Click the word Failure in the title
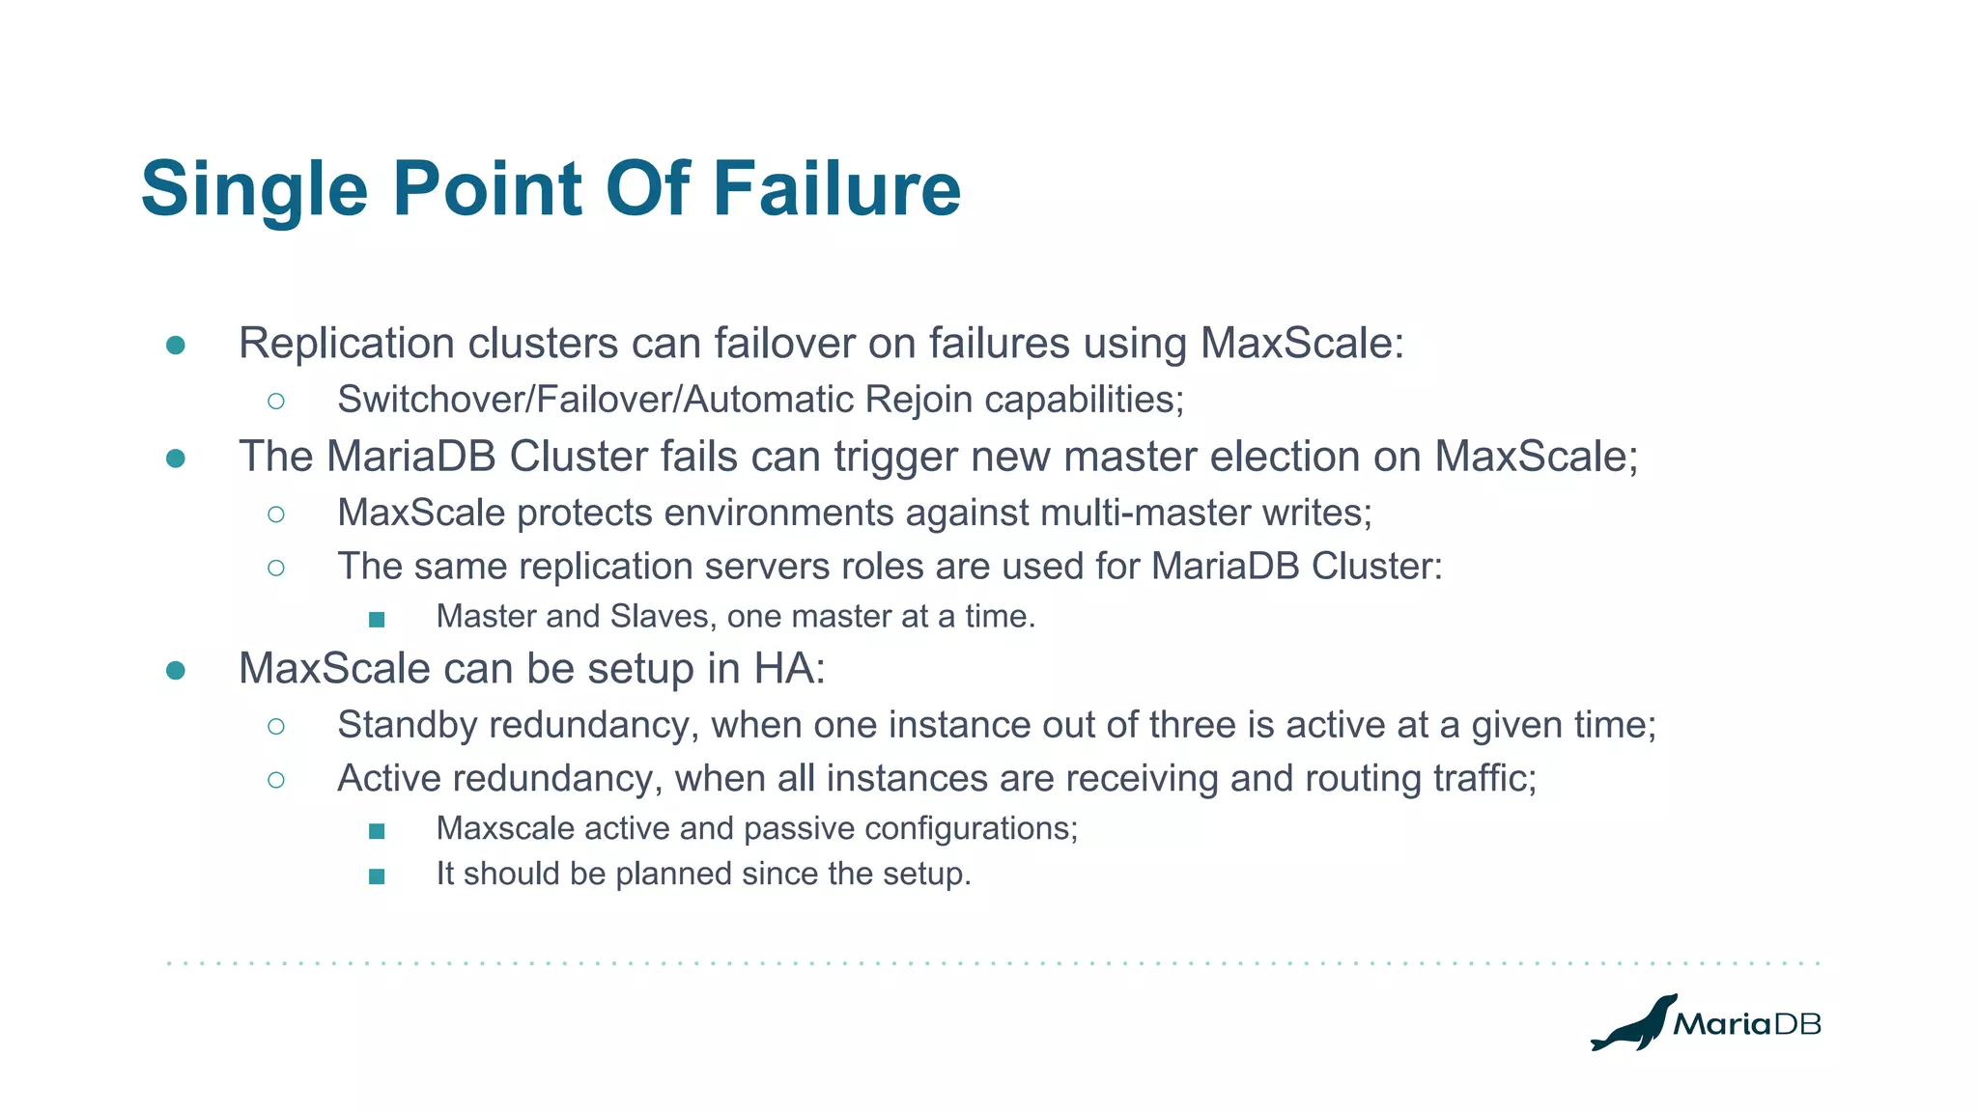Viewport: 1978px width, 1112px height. click(836, 188)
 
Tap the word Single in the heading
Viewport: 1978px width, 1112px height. click(254, 190)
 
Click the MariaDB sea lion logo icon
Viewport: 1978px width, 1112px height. click(1632, 1024)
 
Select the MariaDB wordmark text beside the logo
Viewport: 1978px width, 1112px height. click(1746, 1024)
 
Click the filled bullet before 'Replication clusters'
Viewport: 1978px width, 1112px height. click(176, 345)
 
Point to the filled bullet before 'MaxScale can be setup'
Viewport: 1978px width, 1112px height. click(176, 670)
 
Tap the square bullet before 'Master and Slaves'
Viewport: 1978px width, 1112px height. click(377, 619)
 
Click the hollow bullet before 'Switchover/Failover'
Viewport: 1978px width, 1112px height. click(276, 401)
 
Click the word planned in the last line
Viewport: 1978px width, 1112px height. click(667, 874)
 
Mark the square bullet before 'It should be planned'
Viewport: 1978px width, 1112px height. click(377, 876)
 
